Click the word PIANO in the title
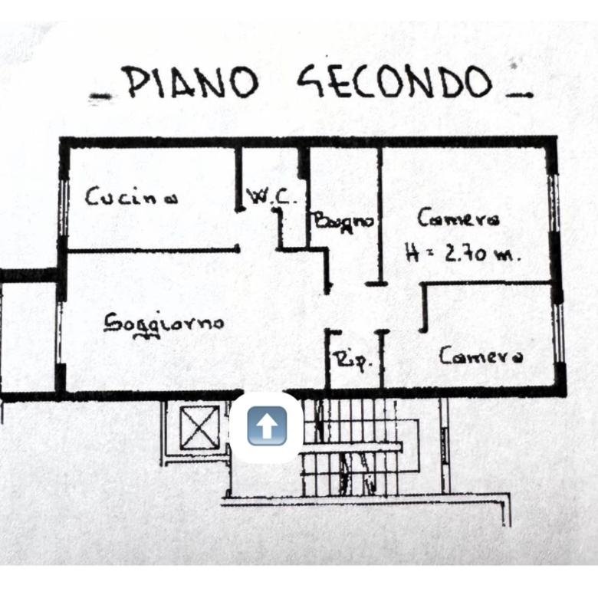(192, 81)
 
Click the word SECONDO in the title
(395, 82)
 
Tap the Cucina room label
(131, 196)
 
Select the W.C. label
(272, 197)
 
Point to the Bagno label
(343, 222)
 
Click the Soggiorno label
(164, 324)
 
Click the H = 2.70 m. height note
(462, 253)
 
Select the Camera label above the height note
(458, 219)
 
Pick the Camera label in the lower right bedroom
(481, 356)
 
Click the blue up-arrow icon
(267, 426)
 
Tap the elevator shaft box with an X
(199, 428)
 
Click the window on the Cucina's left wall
(64, 208)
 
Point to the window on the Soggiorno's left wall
(61, 333)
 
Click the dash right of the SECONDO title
(518, 94)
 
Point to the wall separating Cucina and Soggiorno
(153, 251)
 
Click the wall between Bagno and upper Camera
(379, 216)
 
